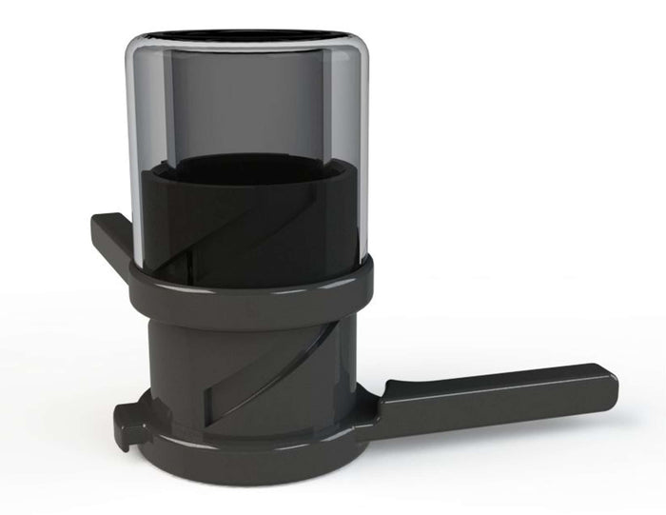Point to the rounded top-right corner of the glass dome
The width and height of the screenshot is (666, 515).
(x=357, y=48)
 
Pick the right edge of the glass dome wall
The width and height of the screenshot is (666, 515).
(x=364, y=152)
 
